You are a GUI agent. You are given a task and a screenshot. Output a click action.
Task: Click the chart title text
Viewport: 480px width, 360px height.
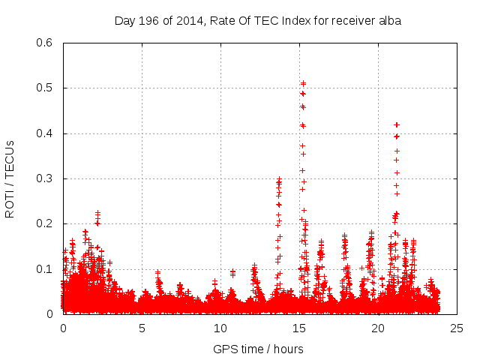click(257, 21)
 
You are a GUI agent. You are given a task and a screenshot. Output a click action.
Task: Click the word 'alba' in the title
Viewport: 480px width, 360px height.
click(389, 21)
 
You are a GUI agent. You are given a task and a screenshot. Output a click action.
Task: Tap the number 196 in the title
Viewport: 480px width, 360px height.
click(152, 21)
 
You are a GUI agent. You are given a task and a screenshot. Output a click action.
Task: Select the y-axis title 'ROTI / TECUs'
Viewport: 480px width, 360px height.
click(10, 178)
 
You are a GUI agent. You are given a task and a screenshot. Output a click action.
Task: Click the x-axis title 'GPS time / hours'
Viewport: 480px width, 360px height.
click(258, 349)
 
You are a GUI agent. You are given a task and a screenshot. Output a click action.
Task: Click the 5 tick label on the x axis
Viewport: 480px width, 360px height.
click(142, 328)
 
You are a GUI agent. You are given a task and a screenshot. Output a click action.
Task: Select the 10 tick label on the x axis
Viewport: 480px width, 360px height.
click(220, 328)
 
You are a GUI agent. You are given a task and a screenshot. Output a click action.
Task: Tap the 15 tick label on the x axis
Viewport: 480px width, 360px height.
click(299, 328)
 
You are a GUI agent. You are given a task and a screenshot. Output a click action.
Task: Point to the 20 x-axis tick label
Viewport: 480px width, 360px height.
click(378, 328)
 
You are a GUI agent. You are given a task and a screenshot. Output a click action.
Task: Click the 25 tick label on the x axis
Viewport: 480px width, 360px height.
click(457, 328)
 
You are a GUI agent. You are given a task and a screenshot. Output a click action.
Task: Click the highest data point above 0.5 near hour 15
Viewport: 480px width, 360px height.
click(303, 83)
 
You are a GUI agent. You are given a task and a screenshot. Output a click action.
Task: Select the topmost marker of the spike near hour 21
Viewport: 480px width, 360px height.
click(397, 124)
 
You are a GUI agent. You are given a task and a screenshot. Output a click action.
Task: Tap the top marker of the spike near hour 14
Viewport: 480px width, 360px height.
click(279, 179)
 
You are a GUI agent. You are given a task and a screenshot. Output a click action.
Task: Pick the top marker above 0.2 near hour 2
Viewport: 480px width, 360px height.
click(97, 212)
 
